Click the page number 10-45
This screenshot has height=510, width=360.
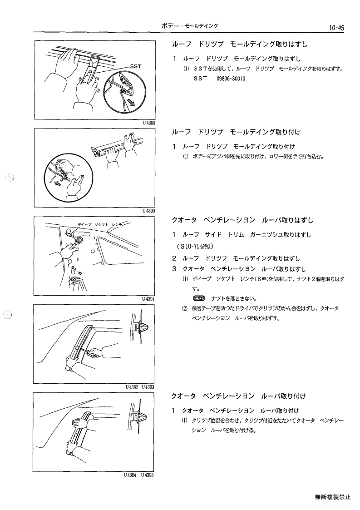pos(336,28)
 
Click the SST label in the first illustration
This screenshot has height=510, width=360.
pos(136,66)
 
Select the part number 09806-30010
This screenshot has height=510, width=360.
pos(231,79)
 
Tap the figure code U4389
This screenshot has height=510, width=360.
pos(148,123)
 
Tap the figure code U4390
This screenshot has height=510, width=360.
pos(148,211)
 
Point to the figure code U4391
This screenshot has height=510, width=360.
pos(148,299)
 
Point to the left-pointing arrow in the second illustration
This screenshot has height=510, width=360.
pos(57,184)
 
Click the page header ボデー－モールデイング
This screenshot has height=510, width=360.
pos(190,26)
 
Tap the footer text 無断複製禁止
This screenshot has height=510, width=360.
pos(333,497)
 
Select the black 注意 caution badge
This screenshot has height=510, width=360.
pos(199,298)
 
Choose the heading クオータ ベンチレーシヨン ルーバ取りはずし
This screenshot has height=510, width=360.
pos(242,220)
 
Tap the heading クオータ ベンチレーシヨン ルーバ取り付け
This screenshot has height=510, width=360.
pos(239,396)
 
